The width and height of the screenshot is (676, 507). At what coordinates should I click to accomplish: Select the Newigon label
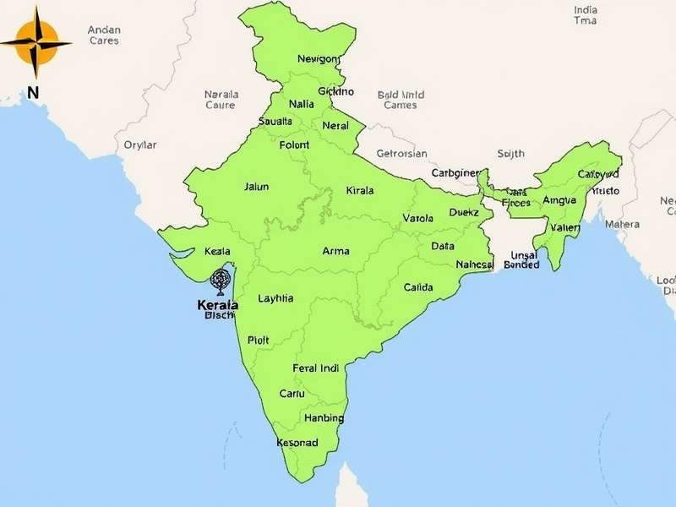coord(319,59)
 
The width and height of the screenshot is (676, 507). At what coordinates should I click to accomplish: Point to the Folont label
coord(294,145)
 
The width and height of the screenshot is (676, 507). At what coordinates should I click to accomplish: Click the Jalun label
coord(256,187)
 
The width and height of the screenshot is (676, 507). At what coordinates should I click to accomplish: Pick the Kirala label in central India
coord(359,191)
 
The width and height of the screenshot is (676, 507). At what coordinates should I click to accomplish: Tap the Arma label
coord(336,251)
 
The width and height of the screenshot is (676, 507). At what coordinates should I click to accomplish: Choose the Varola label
coord(417,218)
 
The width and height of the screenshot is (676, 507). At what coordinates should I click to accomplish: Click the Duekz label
coord(464,213)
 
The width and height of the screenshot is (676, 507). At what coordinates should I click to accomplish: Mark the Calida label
coord(418,287)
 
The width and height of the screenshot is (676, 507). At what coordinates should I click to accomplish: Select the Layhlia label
coord(275,298)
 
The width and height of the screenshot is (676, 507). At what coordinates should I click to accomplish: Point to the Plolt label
coord(258,340)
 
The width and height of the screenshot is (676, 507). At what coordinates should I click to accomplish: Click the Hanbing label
coord(324,418)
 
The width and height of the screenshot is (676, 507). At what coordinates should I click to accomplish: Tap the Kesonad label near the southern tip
coord(297,443)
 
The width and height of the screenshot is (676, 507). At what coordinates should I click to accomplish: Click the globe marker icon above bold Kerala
coord(221,279)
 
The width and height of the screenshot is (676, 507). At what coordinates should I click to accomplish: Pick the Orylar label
coord(140,144)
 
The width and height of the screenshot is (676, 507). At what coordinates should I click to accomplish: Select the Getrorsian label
coord(402,154)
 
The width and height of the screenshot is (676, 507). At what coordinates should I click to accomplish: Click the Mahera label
coord(623,225)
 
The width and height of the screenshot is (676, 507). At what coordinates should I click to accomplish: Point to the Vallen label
coord(565,228)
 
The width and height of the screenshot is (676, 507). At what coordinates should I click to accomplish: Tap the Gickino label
coord(335,91)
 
